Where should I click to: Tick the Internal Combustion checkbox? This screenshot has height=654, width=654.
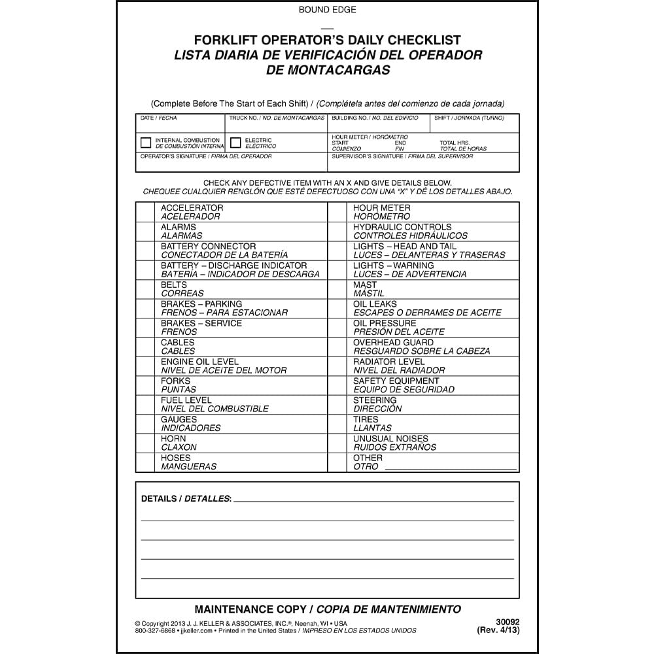[x=146, y=143]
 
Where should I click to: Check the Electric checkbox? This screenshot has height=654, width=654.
[x=235, y=143]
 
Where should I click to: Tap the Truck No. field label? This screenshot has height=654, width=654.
[x=277, y=118]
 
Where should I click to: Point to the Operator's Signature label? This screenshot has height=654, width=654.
[x=206, y=157]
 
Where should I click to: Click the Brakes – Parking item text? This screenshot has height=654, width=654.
[x=201, y=304]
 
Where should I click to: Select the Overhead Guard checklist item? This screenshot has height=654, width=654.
[x=393, y=343]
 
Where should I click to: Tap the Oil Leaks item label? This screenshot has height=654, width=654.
[x=375, y=304]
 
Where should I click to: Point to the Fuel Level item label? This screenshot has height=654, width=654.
[x=186, y=400]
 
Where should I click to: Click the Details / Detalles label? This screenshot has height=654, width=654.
[x=186, y=499]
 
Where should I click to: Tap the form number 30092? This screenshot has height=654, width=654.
[x=507, y=623]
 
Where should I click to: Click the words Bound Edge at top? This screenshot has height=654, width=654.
[x=327, y=9]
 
